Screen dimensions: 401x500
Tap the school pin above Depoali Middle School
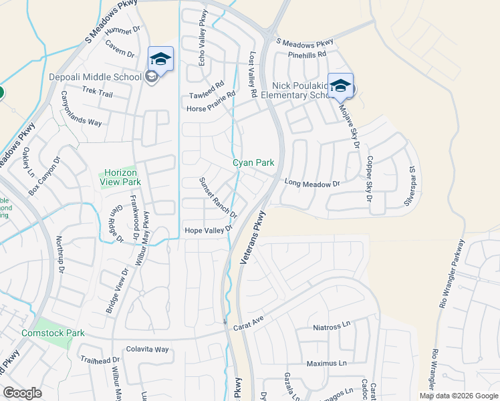[x=160, y=59]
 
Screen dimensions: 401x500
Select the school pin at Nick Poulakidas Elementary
[x=340, y=86]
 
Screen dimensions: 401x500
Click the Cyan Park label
[x=253, y=162]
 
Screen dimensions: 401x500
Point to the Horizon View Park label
[x=120, y=176]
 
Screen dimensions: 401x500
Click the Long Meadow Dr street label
[x=312, y=182]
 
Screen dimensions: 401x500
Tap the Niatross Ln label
[x=332, y=327]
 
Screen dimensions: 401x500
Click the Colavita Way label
[x=148, y=349]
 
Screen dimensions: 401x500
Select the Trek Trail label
[x=98, y=94]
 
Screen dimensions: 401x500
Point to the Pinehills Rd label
[x=306, y=55]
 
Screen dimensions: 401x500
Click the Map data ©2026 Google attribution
[x=459, y=396]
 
